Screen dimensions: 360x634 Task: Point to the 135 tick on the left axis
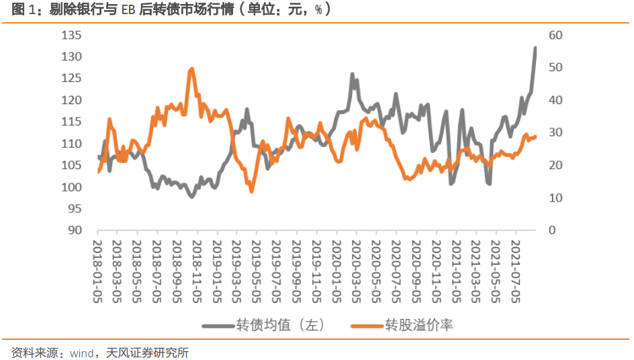[71, 35]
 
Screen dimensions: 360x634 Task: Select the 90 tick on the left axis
[74, 230]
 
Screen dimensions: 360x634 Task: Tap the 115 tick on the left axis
[71, 122]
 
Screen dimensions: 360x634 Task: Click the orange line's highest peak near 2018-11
[192, 69]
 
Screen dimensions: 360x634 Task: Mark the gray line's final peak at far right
[535, 48]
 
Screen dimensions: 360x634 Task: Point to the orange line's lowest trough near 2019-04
[252, 191]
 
